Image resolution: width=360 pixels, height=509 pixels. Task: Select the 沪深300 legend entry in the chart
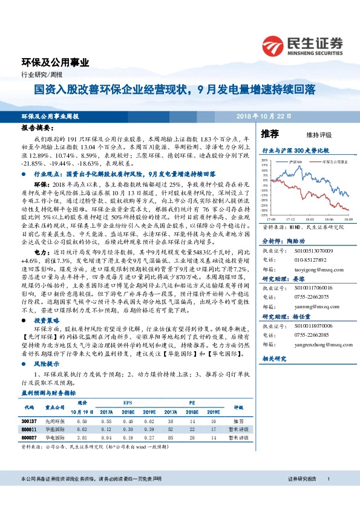pyautogui.click(x=295, y=163)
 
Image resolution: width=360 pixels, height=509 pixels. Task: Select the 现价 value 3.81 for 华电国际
pyautogui.click(x=83, y=437)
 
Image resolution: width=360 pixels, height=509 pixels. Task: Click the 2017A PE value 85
pyautogui.click(x=171, y=437)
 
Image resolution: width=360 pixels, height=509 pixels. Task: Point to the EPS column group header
pyautogui.click(x=128, y=401)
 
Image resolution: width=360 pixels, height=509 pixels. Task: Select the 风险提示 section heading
pyautogui.click(x=46, y=365)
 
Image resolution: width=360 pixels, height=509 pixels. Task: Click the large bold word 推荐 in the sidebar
pyautogui.click(x=270, y=134)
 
